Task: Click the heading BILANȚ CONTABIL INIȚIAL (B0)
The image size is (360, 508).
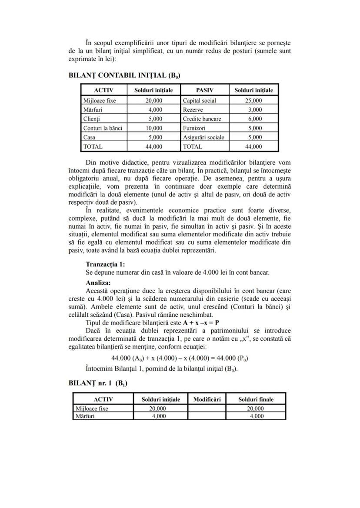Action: coord(124,75)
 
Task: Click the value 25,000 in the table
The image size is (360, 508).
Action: coord(253,100)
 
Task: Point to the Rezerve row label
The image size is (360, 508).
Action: coord(193,110)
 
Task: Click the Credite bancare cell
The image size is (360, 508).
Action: coord(202,119)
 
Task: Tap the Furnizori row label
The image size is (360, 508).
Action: coord(194,128)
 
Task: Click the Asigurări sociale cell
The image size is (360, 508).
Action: coord(203,137)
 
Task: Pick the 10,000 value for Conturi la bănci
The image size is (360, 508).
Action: coord(153,128)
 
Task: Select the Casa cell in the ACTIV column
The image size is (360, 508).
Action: coord(89,137)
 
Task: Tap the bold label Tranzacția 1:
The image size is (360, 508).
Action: coord(105,264)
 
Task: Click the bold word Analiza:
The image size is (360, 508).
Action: coord(98,282)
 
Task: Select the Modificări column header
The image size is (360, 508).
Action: coord(207,399)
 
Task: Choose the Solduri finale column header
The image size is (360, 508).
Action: coord(256,399)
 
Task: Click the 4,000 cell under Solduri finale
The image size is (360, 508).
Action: coord(257,416)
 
